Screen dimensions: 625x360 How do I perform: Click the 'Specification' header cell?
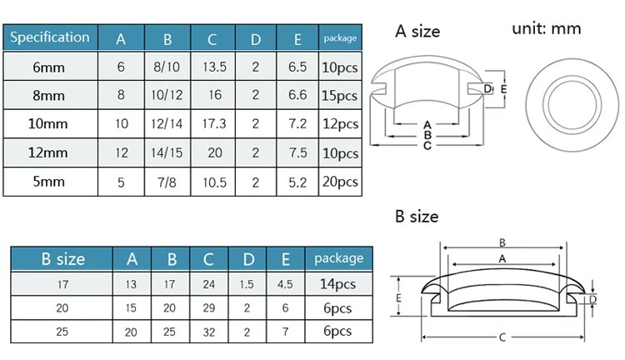point(50,37)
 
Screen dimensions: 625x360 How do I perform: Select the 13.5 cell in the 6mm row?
point(212,66)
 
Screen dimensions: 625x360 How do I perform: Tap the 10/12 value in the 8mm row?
point(167,95)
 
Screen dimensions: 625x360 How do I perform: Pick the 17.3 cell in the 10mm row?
point(212,124)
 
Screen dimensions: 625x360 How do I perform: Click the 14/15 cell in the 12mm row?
point(167,153)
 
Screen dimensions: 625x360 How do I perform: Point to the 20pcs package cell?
point(339,182)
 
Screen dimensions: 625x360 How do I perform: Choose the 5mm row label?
point(50,182)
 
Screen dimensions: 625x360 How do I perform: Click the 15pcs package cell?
point(339,95)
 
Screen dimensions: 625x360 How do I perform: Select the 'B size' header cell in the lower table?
point(62,259)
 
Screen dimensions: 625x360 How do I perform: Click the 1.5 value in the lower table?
point(248,284)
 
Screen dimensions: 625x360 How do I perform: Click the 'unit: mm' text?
point(546,28)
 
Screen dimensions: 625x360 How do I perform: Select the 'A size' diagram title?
point(417,32)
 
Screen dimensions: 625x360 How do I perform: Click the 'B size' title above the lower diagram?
point(417,217)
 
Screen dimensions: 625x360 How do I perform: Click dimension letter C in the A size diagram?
point(427,146)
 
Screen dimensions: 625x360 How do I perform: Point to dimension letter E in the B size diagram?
point(400,297)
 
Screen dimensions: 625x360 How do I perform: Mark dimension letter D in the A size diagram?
point(487,89)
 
